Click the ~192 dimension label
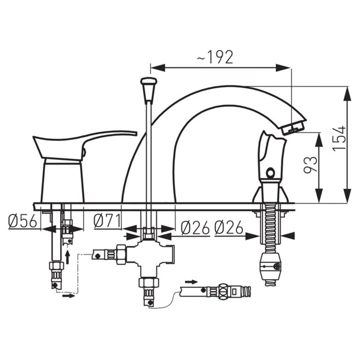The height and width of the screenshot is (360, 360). (215, 57)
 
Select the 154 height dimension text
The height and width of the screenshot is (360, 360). (339, 138)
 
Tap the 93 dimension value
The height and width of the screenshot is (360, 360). (310, 164)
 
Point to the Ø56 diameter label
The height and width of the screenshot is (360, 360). (22, 221)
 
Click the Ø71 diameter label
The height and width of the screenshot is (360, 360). (107, 220)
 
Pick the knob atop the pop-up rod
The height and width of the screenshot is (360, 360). (148, 89)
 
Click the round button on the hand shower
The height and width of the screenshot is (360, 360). (271, 172)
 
